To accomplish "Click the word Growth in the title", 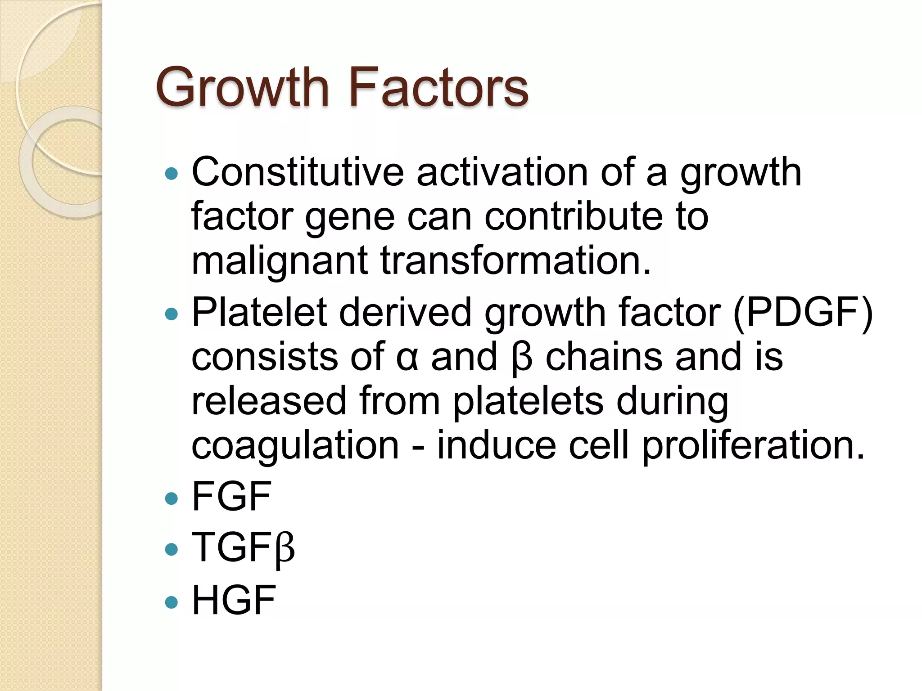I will [x=242, y=87].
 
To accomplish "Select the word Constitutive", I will [x=298, y=172].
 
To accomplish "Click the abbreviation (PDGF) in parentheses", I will [x=803, y=312].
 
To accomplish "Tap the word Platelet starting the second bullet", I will [x=259, y=312].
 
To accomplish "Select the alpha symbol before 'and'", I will [x=407, y=357].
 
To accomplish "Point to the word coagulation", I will [x=295, y=446].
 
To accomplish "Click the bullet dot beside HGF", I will [x=172, y=602].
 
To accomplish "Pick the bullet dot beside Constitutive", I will [x=172, y=174].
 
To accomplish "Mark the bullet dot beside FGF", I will [x=172, y=498].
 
